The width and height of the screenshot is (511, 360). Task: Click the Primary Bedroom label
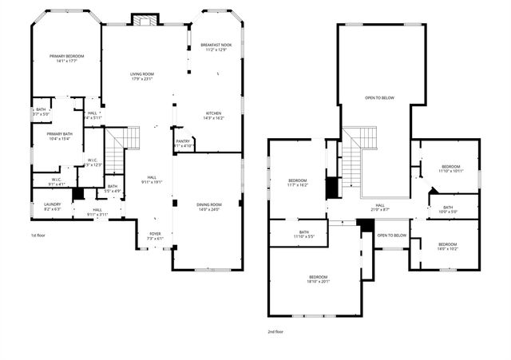click(66, 58)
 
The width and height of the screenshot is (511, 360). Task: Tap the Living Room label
click(142, 77)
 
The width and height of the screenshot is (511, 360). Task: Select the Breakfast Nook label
click(215, 47)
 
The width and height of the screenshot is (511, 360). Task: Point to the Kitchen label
click(213, 116)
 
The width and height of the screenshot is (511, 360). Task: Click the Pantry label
click(184, 144)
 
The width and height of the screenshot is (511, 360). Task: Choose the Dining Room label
click(209, 208)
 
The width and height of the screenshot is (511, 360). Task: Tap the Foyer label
click(155, 235)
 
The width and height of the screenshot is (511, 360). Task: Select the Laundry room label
click(52, 207)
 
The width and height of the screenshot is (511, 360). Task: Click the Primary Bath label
click(59, 136)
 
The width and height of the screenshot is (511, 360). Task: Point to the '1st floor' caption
click(38, 235)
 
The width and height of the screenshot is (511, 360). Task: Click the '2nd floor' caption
click(276, 330)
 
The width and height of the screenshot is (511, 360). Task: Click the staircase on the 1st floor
click(119, 152)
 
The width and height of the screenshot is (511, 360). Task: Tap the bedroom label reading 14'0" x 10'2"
click(447, 246)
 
